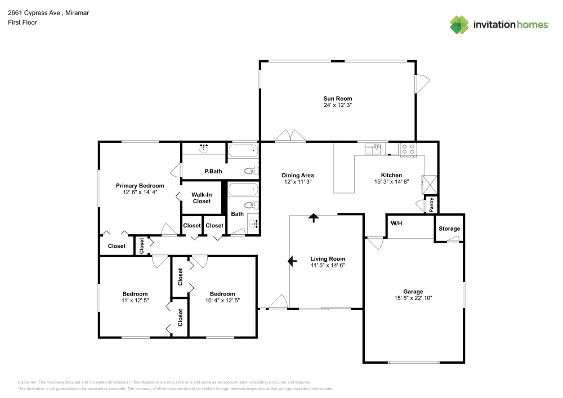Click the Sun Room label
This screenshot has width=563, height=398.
pyautogui.click(x=338, y=99)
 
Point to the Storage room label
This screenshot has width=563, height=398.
pyautogui.click(x=449, y=229)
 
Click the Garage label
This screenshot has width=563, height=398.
pyautogui.click(x=413, y=292)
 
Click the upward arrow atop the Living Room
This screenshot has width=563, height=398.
pyautogui.click(x=313, y=217)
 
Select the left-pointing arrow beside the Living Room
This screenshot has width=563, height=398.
pyautogui.click(x=292, y=261)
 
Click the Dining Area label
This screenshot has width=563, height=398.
pyautogui.click(x=297, y=175)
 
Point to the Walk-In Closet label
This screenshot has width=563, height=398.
pyautogui.click(x=202, y=198)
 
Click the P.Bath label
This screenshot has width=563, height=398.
pyautogui.click(x=212, y=171)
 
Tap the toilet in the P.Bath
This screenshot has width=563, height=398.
pyautogui.click(x=249, y=171)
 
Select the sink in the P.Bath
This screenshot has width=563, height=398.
pyautogui.click(x=204, y=149)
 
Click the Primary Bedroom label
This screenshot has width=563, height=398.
pyautogui.click(x=140, y=186)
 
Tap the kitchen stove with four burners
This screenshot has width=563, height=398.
pyautogui.click(x=408, y=149)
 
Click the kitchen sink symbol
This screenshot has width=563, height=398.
pyautogui.click(x=373, y=149)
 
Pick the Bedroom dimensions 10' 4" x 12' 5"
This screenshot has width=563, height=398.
pyautogui.click(x=222, y=300)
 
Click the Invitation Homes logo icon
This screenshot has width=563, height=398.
pyautogui.click(x=459, y=24)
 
